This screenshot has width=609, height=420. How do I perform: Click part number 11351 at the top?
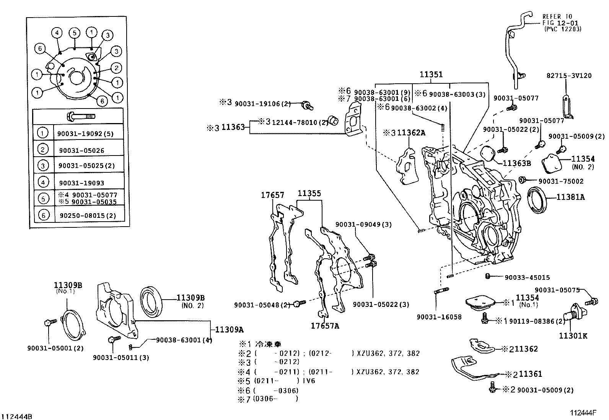coord(431,75)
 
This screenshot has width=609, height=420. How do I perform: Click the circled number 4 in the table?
coord(43,183)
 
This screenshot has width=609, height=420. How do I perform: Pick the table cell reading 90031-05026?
coord(81,151)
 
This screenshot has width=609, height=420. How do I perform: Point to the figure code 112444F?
coord(583,413)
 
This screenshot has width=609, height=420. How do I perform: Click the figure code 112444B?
coord(17,416)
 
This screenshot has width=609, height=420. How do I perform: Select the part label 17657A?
coord(325,326)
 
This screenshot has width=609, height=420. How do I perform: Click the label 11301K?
coord(573,336)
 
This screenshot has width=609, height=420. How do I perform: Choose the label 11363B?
coord(516,163)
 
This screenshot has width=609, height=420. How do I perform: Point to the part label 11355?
coord(309,193)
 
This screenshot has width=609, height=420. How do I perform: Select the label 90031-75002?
coord(561,181)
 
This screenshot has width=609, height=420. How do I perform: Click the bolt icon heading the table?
coord(81,116)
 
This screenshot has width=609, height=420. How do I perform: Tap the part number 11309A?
coord(229,329)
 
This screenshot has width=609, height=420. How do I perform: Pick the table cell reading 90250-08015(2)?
coord(88,216)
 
